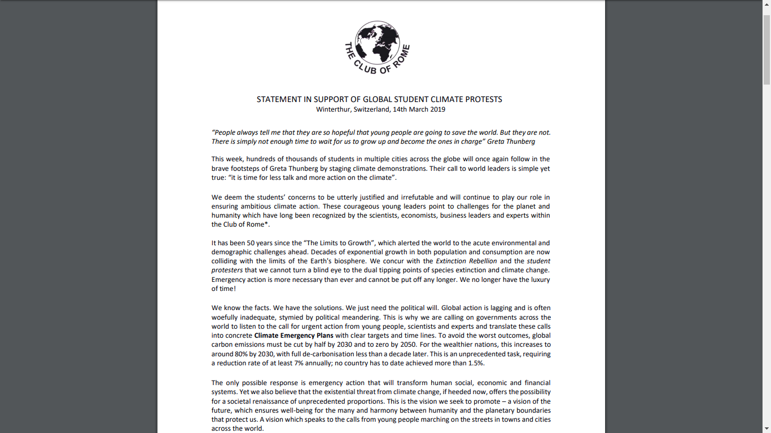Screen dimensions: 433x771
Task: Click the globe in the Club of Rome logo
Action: (x=377, y=43)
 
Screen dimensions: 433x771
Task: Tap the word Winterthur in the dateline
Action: (x=333, y=109)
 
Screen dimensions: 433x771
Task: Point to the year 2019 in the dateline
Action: (x=436, y=109)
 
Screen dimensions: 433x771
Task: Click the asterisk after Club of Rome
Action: (x=267, y=224)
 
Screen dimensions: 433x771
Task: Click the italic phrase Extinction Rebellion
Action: (x=466, y=261)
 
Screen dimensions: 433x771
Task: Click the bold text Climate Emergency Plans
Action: (x=293, y=335)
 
